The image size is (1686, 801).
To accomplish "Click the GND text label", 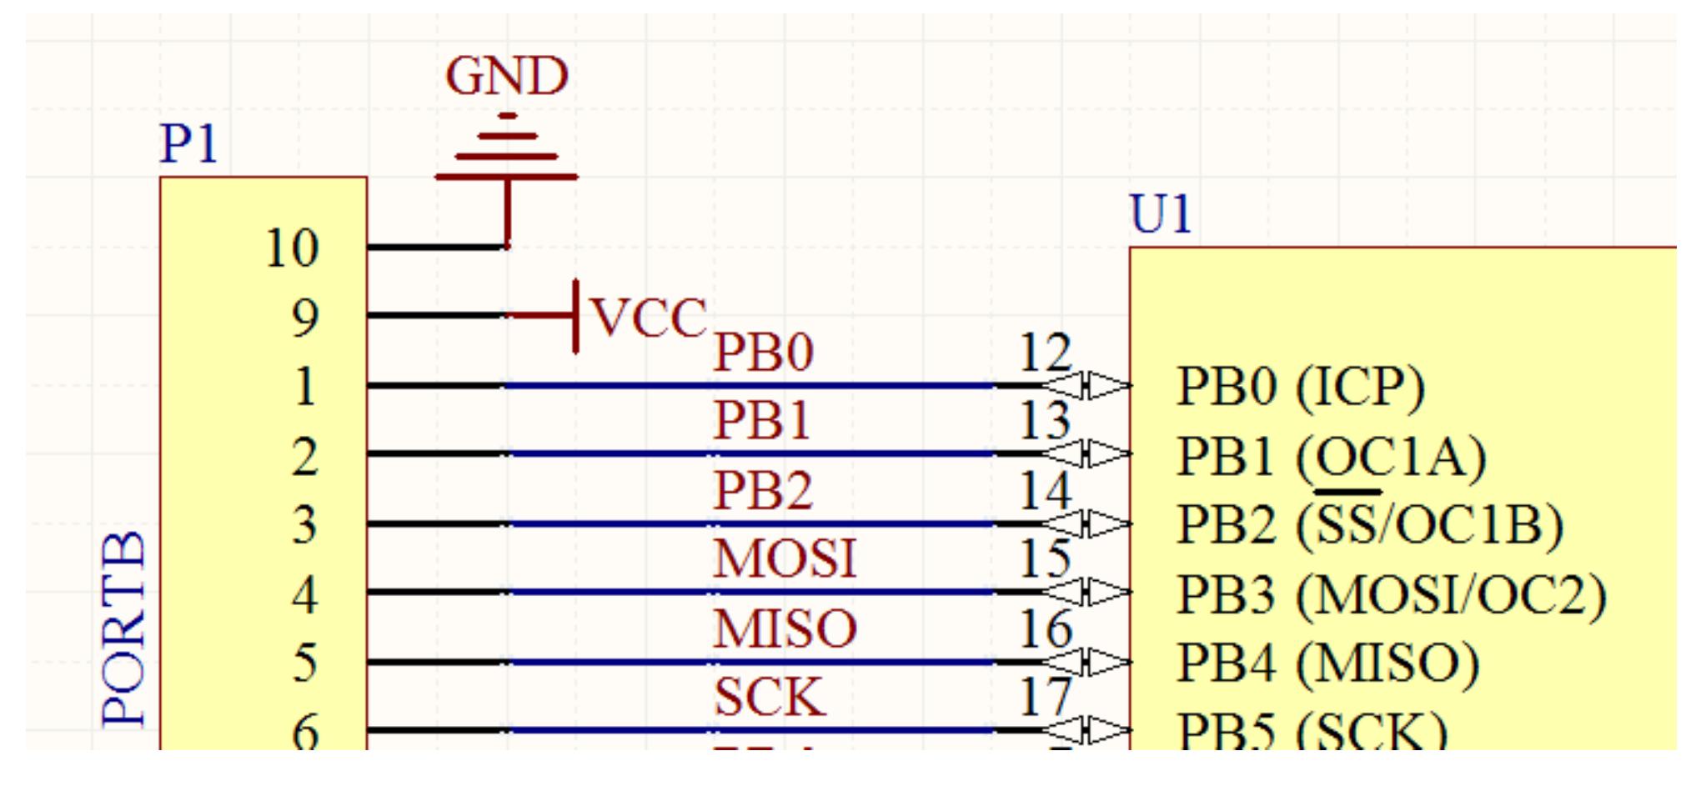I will tap(506, 77).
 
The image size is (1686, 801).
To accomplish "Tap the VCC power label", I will tap(649, 318).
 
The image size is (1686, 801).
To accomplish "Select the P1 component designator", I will tap(188, 143).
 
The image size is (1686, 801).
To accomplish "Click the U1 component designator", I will tap(1160, 214).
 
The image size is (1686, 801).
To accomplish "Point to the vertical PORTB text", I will tap(124, 629).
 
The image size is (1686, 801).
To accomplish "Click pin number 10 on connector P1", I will tap(292, 248).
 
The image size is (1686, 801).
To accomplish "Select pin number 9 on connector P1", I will tap(304, 318).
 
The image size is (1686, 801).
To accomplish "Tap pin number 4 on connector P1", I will tap(304, 595).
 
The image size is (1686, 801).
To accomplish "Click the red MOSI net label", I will tap(785, 558).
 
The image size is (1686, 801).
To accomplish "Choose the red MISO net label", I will tap(785, 628).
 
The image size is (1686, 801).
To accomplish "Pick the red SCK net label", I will tap(769, 697).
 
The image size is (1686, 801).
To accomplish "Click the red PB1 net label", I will tap(762, 420).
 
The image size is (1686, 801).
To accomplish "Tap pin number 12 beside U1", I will tap(1045, 353).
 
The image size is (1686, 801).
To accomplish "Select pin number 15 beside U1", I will tap(1045, 558).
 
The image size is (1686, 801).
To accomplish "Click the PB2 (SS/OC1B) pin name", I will tap(1369, 525).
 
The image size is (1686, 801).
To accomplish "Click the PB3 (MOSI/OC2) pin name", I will tap(1391, 595).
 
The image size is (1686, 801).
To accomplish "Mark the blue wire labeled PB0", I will tap(750, 386).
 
